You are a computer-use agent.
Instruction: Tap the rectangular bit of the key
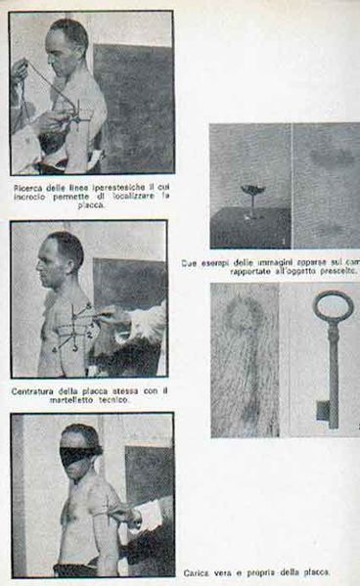tap(323, 410)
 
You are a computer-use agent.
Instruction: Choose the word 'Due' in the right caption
tap(190, 261)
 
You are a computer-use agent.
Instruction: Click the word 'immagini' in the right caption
tap(263, 261)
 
